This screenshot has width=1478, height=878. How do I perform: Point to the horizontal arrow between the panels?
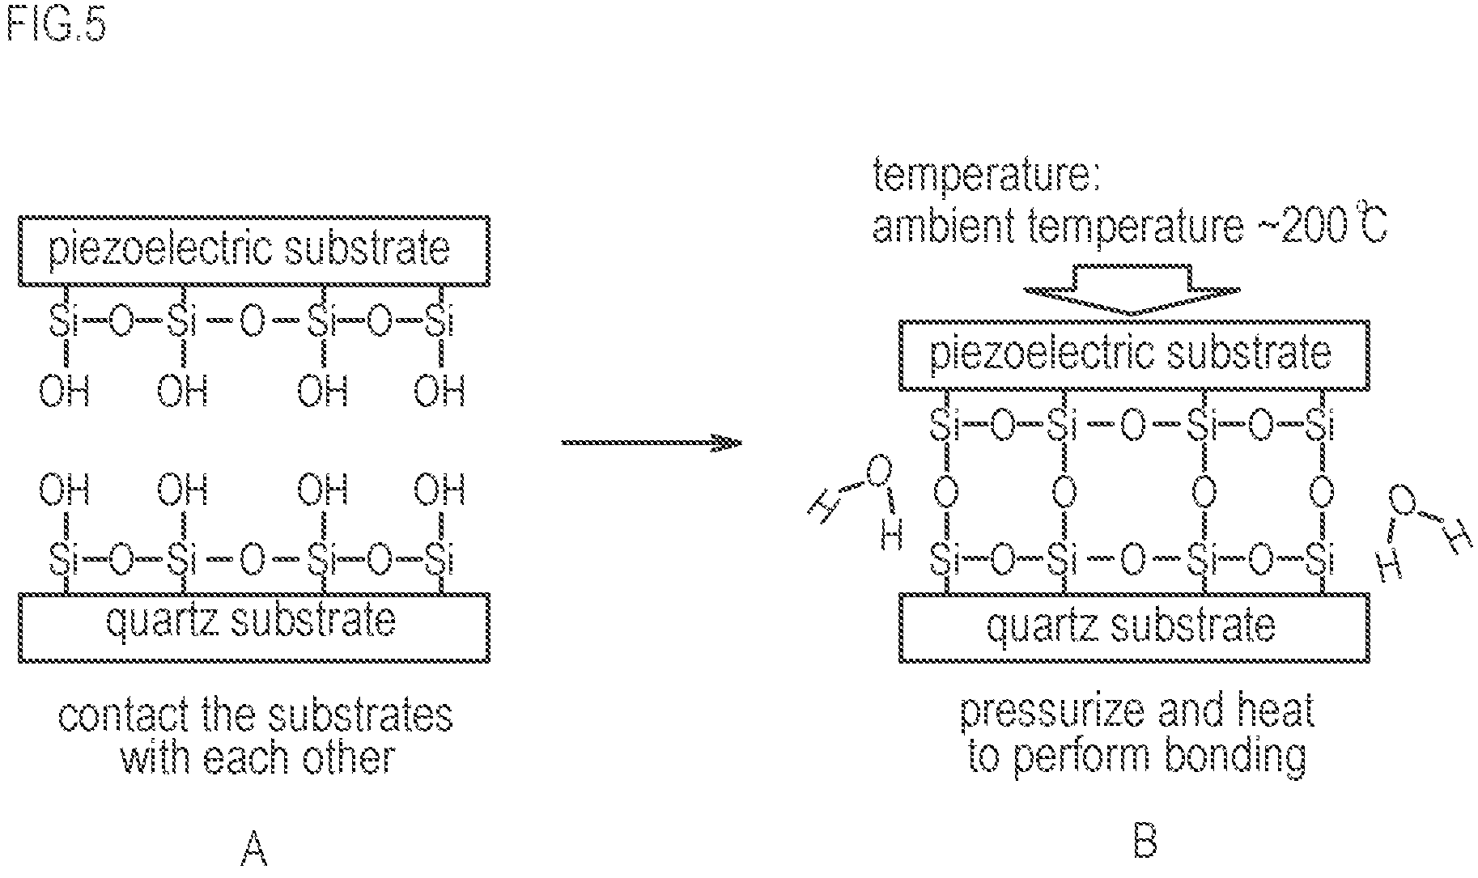click(x=652, y=443)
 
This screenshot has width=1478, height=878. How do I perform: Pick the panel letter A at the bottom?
click(x=254, y=850)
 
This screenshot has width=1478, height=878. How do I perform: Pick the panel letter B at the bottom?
click(x=1144, y=842)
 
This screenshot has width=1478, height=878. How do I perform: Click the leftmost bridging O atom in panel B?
click(x=941, y=491)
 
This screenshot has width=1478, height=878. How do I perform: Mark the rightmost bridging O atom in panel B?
click(x=1320, y=491)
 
